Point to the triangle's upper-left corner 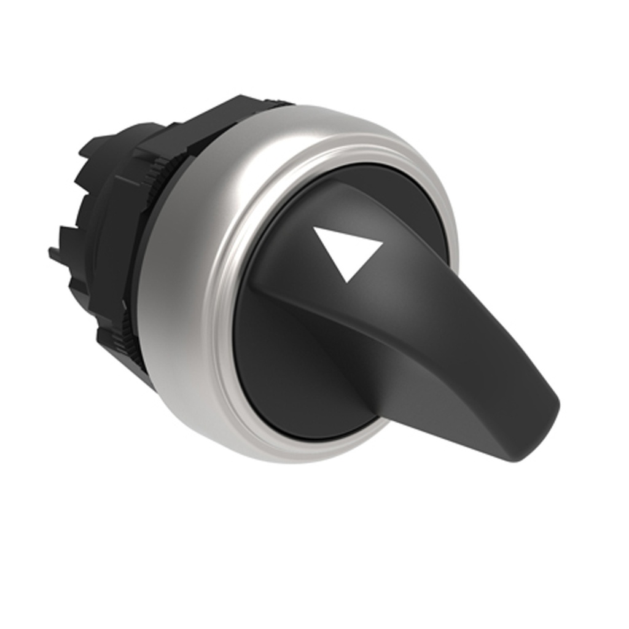pos(314,229)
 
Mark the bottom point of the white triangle pos(348,281)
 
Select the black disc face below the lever pos(289,375)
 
